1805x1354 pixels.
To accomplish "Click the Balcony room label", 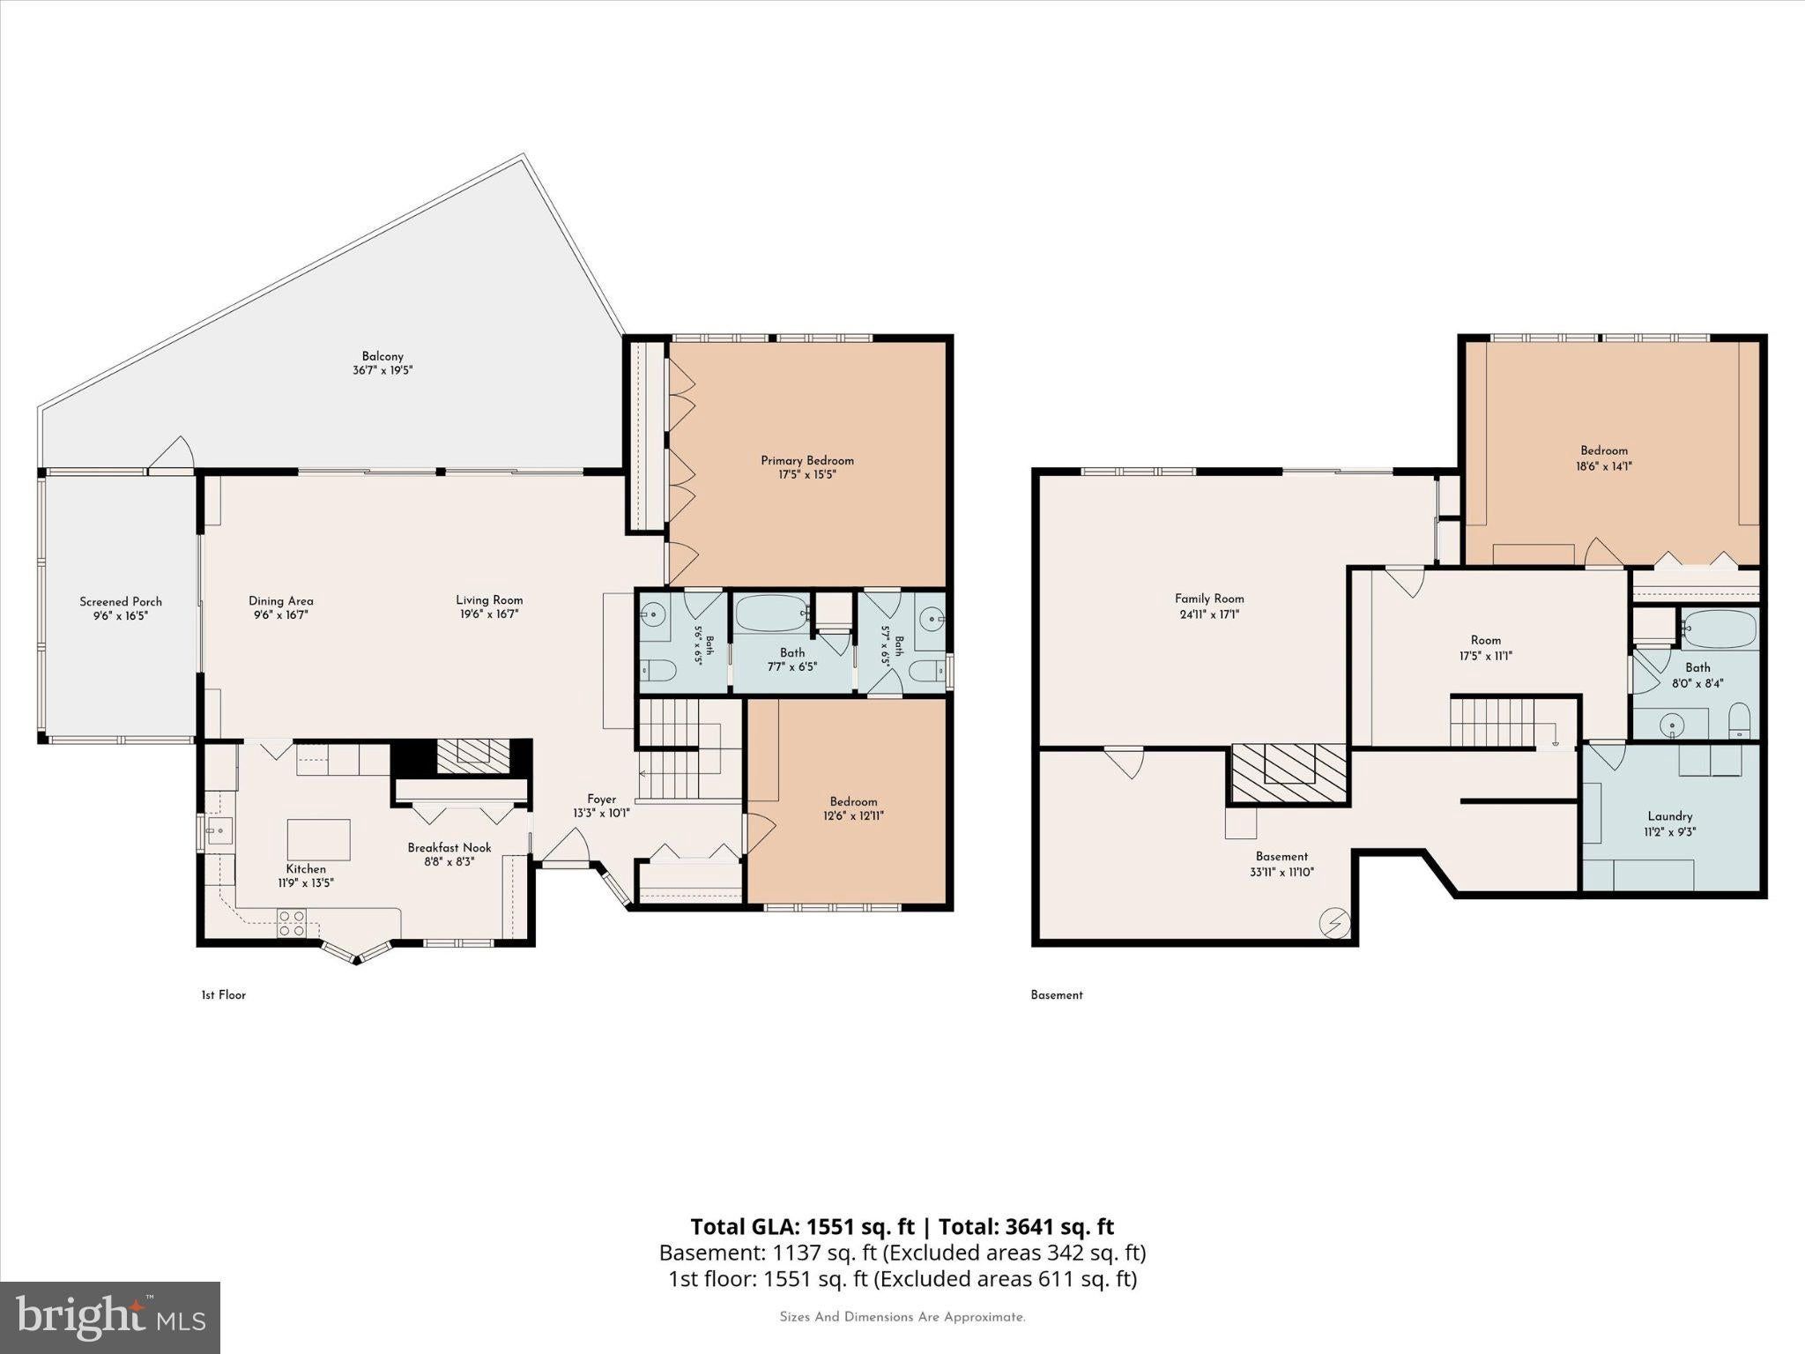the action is click(383, 356).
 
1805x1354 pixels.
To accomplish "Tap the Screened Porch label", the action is click(121, 601).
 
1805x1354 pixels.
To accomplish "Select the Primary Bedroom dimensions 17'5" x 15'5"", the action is click(807, 474).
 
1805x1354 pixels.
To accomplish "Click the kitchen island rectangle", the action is click(319, 839).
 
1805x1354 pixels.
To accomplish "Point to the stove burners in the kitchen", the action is click(292, 923).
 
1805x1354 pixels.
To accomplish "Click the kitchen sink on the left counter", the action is click(218, 830).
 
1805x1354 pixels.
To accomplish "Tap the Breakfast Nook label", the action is click(449, 847).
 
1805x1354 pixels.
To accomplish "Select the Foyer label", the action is click(602, 800).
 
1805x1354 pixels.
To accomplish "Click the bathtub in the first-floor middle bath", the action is click(772, 614).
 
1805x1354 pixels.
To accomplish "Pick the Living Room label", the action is click(489, 599).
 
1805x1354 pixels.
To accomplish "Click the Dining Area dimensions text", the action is click(280, 614).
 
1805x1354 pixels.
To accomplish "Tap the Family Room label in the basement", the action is click(1209, 598).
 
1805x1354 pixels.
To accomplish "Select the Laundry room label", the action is click(1669, 816).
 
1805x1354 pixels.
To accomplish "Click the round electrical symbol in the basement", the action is click(1333, 923).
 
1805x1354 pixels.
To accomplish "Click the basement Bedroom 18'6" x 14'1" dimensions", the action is click(1604, 465).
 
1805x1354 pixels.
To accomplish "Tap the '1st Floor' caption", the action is click(224, 994).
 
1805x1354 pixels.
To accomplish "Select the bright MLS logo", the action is click(110, 1317).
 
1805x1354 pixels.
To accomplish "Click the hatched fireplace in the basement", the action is click(1289, 773).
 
